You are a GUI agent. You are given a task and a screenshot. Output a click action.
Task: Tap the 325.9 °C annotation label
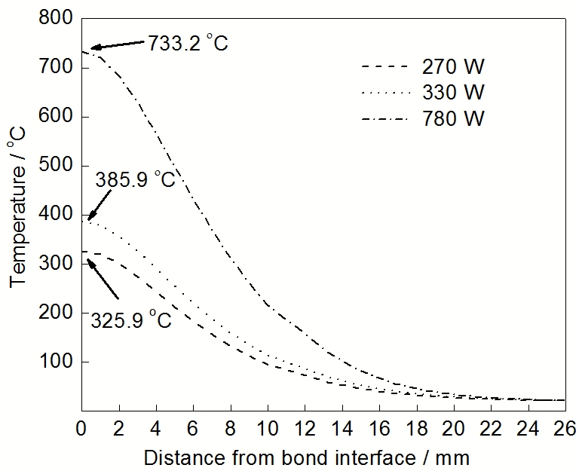click(x=131, y=320)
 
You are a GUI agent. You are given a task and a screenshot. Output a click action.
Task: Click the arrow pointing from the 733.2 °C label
click(x=117, y=45)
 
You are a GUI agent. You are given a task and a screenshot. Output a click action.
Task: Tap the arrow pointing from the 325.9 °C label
click(x=103, y=277)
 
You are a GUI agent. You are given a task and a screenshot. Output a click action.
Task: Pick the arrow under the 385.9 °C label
click(x=100, y=204)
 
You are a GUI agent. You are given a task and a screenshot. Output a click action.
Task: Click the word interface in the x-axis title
click(x=384, y=457)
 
